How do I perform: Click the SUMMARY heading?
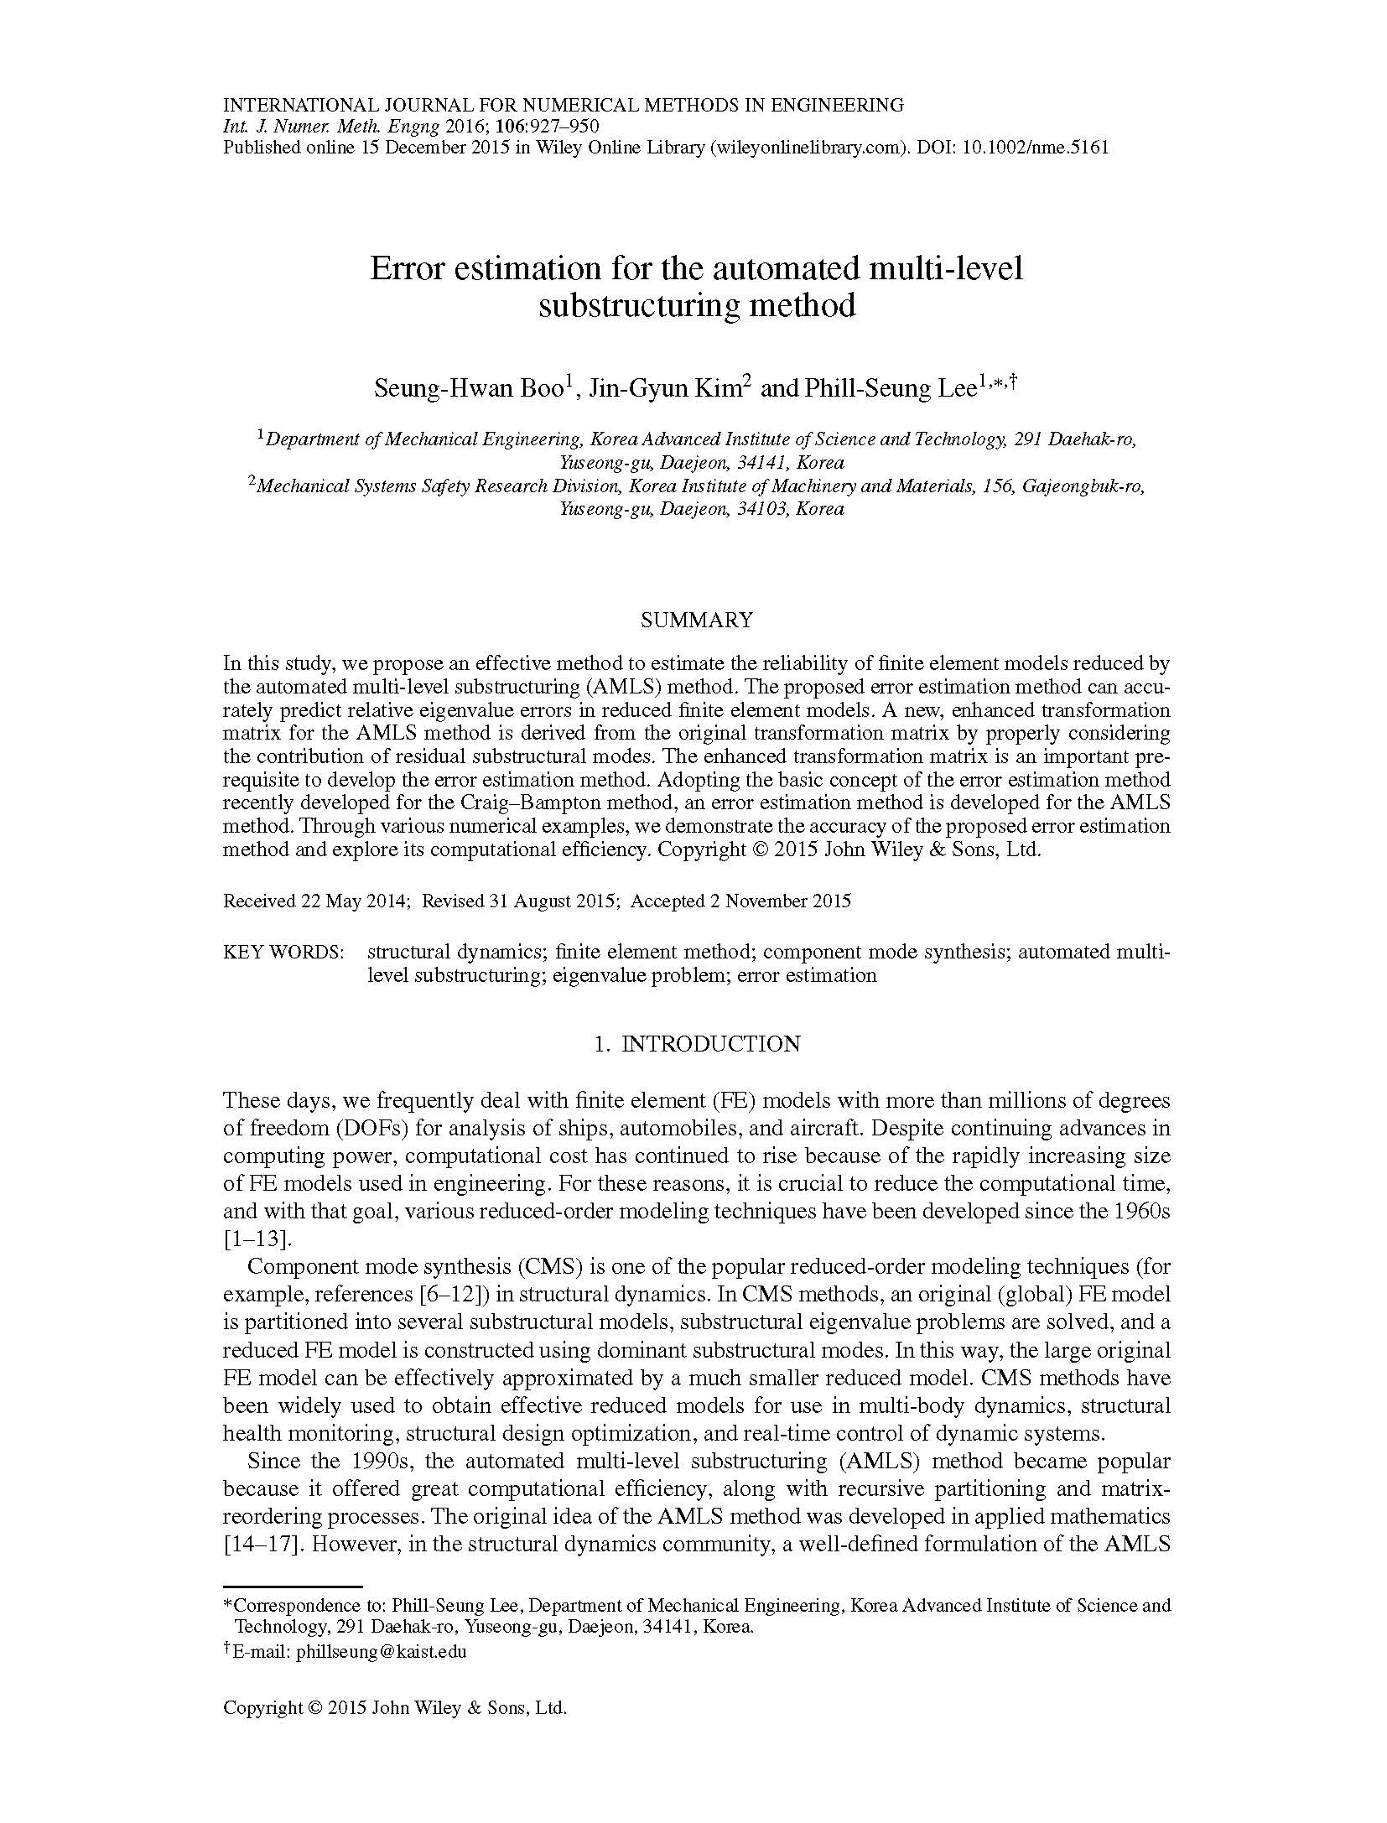[696, 620]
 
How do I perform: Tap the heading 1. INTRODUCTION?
[696, 1043]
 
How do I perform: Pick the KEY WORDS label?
[283, 952]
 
